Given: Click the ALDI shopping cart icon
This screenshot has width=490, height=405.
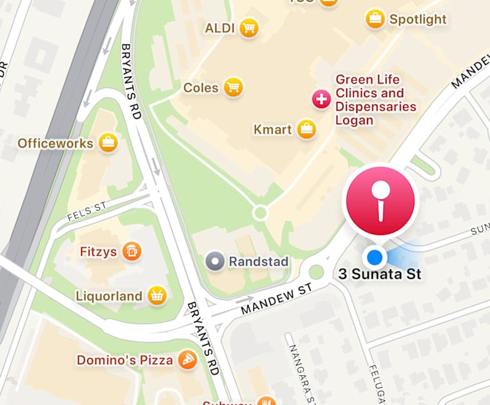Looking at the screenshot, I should pyautogui.click(x=249, y=28).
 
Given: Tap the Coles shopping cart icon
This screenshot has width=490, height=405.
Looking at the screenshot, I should pyautogui.click(x=234, y=88).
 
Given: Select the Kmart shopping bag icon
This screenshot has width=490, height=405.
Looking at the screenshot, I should pyautogui.click(x=306, y=129).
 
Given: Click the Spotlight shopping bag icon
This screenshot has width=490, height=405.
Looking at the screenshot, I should pyautogui.click(x=375, y=19).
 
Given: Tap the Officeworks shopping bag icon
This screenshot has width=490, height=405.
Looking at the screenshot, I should pyautogui.click(x=108, y=143).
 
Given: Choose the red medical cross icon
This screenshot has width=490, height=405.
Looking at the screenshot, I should pyautogui.click(x=321, y=99).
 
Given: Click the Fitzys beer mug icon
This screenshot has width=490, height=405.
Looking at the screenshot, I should pyautogui.click(x=131, y=251).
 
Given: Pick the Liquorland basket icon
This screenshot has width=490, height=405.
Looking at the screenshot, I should pyautogui.click(x=156, y=295).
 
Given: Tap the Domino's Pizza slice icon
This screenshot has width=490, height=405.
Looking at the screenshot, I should pyautogui.click(x=187, y=359).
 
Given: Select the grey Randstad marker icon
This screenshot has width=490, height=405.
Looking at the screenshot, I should pyautogui.click(x=215, y=261).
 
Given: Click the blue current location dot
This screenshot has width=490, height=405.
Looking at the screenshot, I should pyautogui.click(x=375, y=257).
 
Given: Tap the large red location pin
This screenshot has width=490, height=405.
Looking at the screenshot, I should pyautogui.click(x=381, y=200).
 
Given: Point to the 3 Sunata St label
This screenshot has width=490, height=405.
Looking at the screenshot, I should pyautogui.click(x=380, y=275).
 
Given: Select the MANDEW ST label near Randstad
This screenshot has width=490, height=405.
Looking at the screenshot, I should pyautogui.click(x=276, y=300).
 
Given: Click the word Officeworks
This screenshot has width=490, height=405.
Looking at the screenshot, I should pyautogui.click(x=56, y=143).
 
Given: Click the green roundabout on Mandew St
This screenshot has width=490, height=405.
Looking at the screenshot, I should pyautogui.click(x=317, y=272).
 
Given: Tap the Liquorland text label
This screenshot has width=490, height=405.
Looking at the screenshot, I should pyautogui.click(x=109, y=295).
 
